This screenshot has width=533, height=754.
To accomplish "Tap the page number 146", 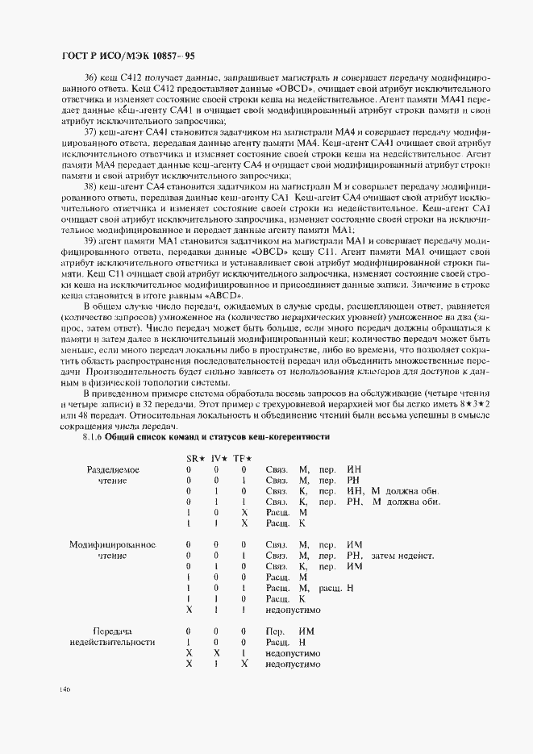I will [64, 689].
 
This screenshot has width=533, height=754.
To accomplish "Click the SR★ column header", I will [194, 457].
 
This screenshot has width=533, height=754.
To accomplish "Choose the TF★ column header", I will [244, 457].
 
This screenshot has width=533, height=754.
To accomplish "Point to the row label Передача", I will [112, 631].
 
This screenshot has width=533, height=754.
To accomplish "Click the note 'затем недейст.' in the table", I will [402, 556].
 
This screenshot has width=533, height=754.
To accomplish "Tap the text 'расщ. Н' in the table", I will [337, 588].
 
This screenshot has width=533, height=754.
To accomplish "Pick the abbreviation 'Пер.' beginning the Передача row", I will [274, 631].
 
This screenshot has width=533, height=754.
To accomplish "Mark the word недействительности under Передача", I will [112, 642].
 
